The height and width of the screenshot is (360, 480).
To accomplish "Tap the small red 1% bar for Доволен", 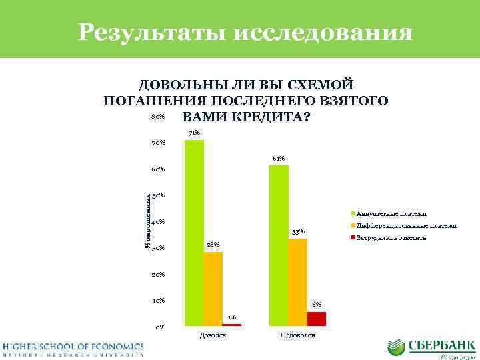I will point(231,325).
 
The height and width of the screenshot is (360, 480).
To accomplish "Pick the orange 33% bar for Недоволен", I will point(297,281).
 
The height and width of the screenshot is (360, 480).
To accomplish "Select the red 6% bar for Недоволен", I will point(316,318).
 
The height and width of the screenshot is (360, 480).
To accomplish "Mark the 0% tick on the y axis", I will point(160,327).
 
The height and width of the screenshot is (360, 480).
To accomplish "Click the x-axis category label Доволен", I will point(213,334).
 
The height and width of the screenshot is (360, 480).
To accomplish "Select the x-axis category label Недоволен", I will point(297,334).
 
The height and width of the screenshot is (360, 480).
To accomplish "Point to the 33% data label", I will point(298,231).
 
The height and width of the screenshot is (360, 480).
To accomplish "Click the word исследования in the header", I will point(323,32).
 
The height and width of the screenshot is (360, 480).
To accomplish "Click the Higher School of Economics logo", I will point(73,349).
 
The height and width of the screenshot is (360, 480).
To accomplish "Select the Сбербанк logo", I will point(431,349).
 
